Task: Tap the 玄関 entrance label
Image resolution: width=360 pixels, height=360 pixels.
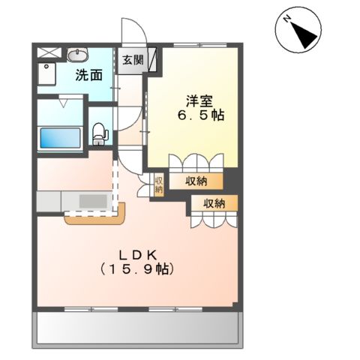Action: (133, 61)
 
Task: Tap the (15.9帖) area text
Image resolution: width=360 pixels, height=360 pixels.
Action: (141, 268)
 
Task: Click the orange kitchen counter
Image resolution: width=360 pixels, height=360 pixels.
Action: (96, 219)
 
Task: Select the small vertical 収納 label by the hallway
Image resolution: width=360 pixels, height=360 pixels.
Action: (158, 184)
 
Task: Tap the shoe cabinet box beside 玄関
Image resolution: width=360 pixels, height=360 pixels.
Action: (152, 59)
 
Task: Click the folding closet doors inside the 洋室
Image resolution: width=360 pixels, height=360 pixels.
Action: (196, 163)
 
